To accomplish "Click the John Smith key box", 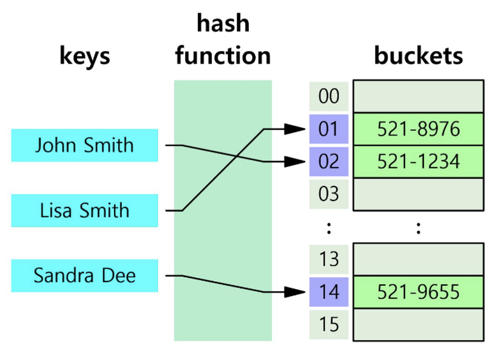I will tap(84, 145).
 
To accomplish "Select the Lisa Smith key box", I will tap(84, 211).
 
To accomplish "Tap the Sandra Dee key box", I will tap(84, 276).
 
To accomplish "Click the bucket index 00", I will tap(329, 96).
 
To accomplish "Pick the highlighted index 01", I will tap(329, 129).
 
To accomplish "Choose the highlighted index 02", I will tap(329, 161).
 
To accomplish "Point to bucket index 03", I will tap(329, 194).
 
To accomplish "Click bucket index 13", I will tap(329, 259).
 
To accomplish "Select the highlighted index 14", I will tap(329, 291).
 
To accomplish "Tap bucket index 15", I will tap(329, 324).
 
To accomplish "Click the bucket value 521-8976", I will tap(418, 129).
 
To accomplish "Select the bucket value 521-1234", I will tap(418, 161).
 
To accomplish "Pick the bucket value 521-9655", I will tap(418, 291).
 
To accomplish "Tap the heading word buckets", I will tap(418, 56).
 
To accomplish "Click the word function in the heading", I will tap(223, 56).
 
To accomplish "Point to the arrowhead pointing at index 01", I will tap(295, 129).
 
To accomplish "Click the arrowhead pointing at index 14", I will tap(295, 292).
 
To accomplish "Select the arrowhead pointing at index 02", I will tap(295, 162).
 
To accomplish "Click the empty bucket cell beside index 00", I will tap(418, 96).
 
